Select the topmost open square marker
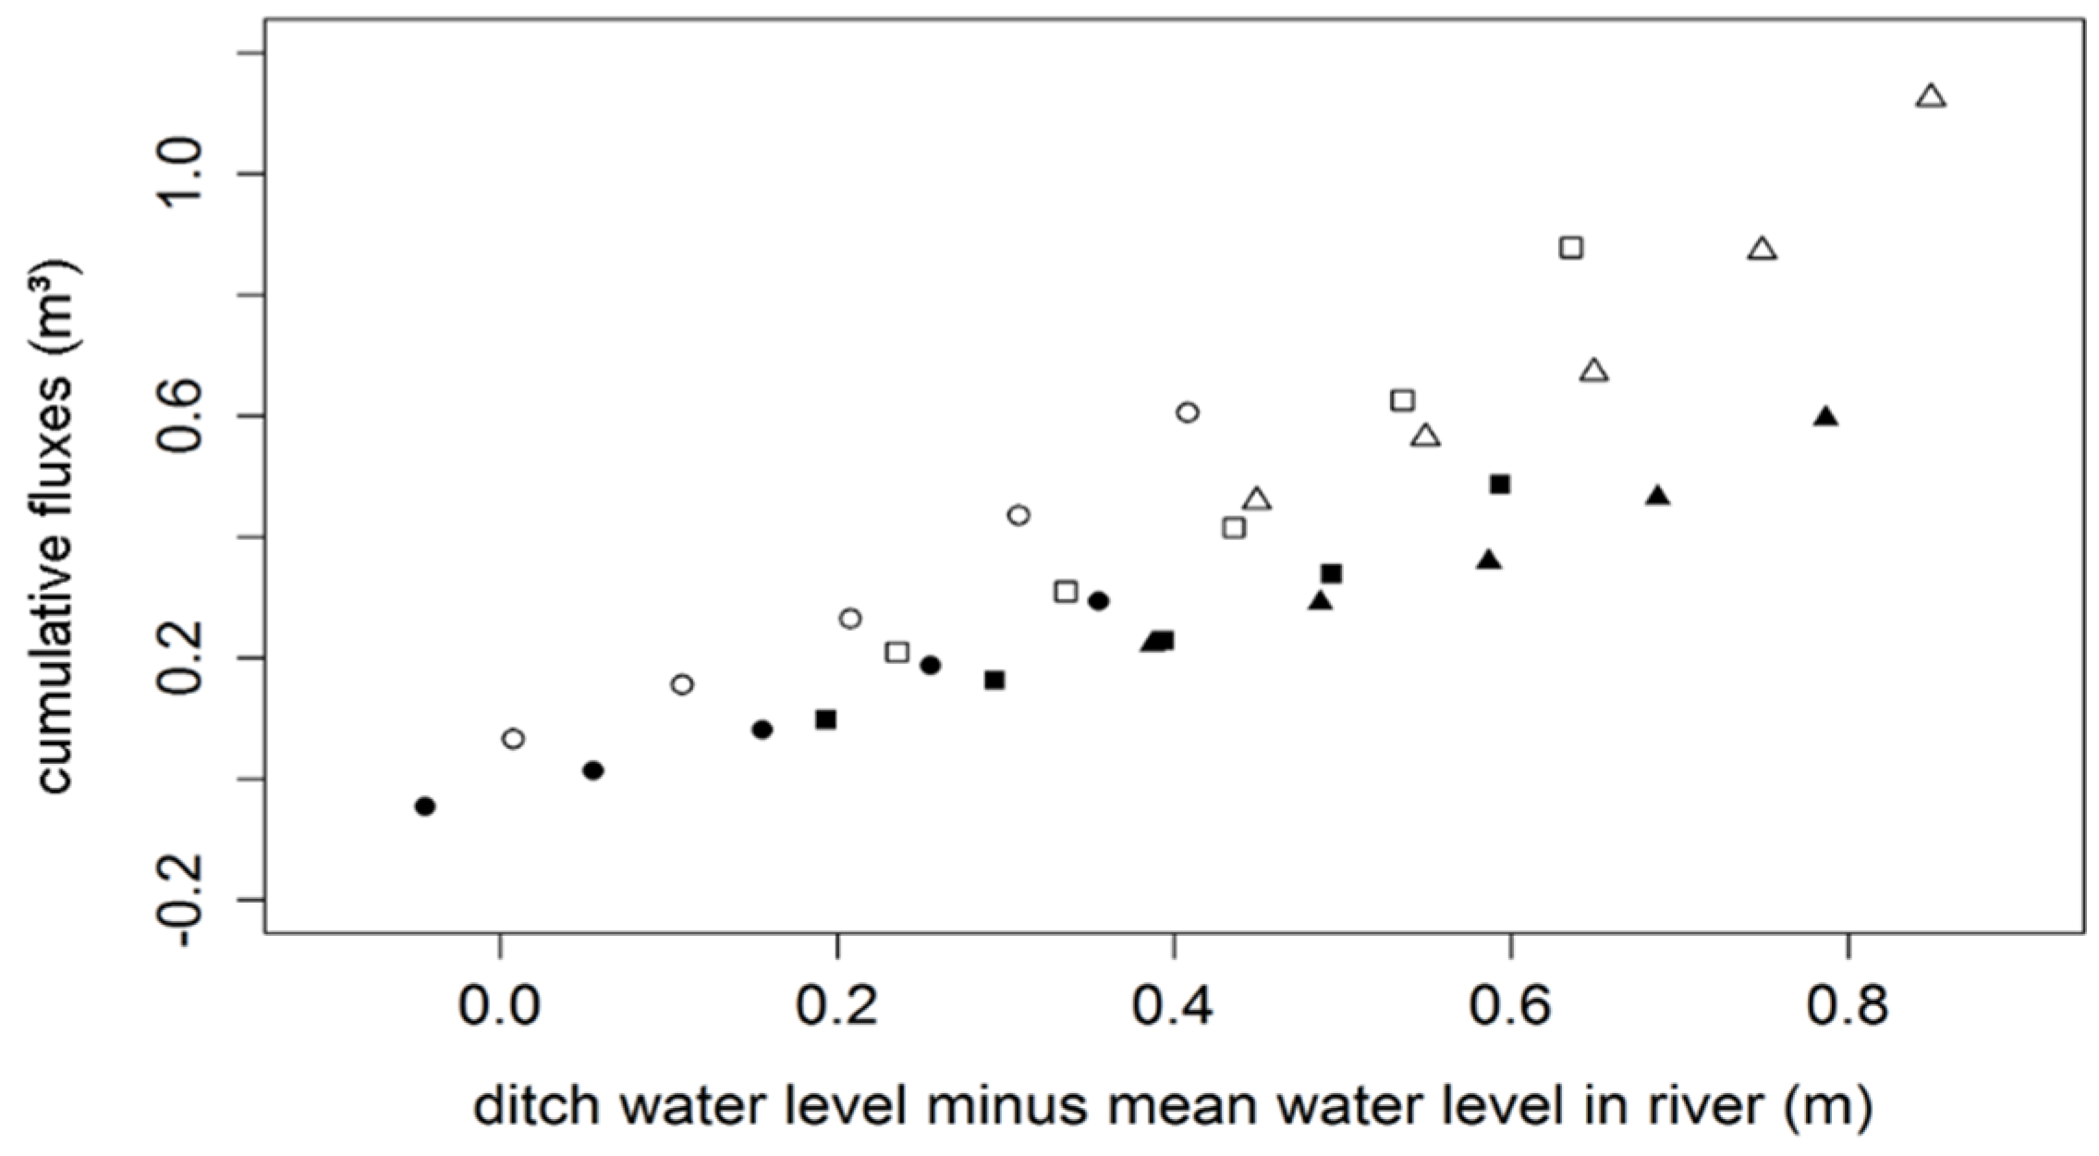[x=1570, y=248]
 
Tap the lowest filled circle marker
[x=424, y=806]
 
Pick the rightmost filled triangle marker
[x=1824, y=417]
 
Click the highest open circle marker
[x=1188, y=412]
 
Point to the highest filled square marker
[x=1499, y=485]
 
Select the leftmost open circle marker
[x=513, y=739]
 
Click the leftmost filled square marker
[x=826, y=719]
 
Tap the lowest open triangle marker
[x=1256, y=500]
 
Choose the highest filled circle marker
[x=1098, y=601]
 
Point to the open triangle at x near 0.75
[x=1762, y=250]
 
